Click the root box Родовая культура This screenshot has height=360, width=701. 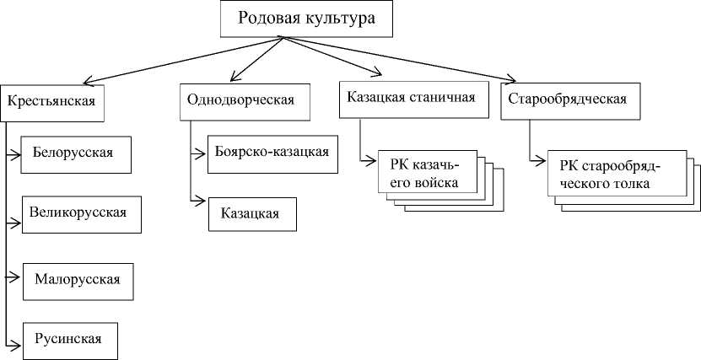coord(306,19)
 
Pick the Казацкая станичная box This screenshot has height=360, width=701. coord(412,97)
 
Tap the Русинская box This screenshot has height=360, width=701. coord(69,340)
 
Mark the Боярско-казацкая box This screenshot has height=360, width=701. coord(267,153)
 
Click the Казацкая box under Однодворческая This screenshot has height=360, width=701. coord(253,213)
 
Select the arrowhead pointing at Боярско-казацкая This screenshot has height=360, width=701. coord(202,153)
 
